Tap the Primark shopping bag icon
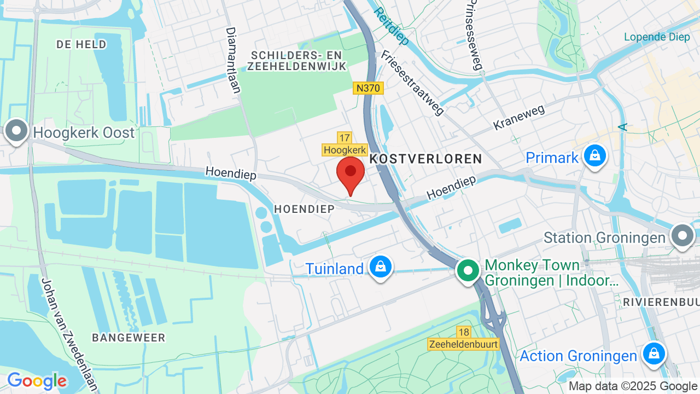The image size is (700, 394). pos(594,156)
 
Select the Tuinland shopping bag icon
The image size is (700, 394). pos(380,268)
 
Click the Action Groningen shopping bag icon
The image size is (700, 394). pos(654,354)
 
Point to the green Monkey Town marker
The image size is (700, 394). pos(468,271)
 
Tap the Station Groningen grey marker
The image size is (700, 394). pos(682,236)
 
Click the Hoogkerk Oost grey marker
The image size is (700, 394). pos(16,131)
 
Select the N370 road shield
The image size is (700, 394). pos(368,88)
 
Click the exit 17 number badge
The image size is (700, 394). pos(344,138)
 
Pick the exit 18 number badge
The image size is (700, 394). pos(464,332)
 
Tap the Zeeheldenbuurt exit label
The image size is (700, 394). pos(463,344)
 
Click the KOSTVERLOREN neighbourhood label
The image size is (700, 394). pos(426,159)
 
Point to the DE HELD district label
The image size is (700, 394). pos(81,45)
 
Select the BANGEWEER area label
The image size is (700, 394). pos(129,338)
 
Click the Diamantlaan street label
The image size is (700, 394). pos(234,60)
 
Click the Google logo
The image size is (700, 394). pos(37,381)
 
